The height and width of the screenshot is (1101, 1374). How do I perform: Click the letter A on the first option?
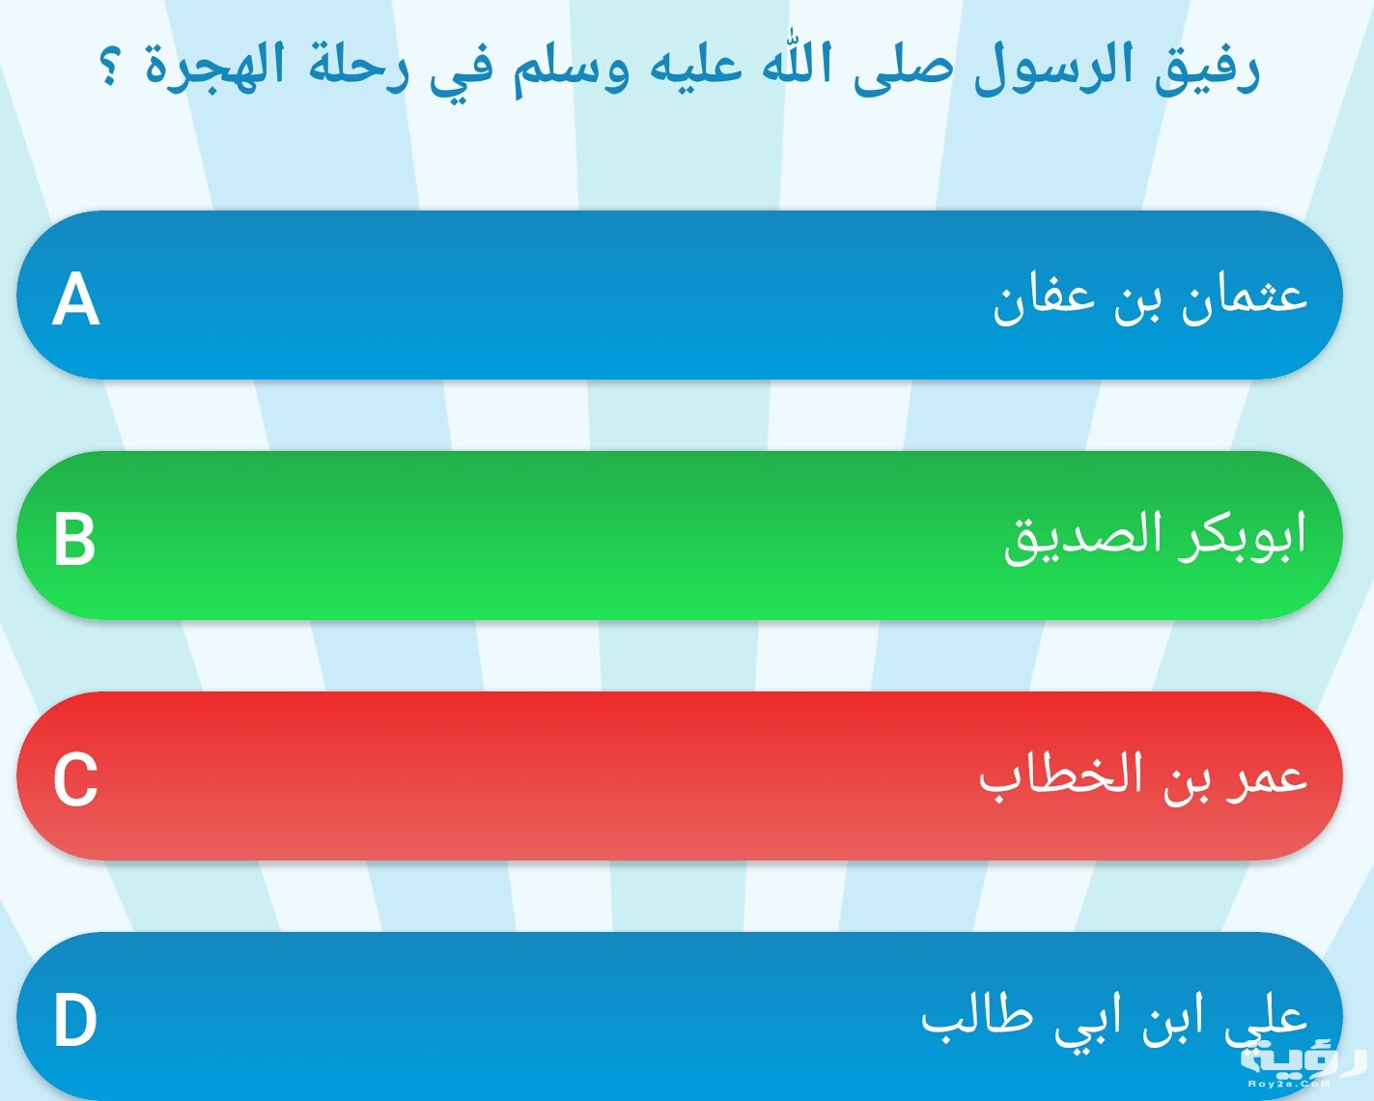(x=76, y=298)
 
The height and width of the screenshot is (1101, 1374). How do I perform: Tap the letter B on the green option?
(x=74, y=539)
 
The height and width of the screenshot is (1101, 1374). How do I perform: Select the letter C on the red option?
(x=75, y=779)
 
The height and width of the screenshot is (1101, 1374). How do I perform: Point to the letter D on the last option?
(x=75, y=1020)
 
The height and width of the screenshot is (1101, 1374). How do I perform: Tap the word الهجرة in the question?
(x=214, y=68)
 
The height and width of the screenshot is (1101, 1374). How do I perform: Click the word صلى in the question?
(x=903, y=69)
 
